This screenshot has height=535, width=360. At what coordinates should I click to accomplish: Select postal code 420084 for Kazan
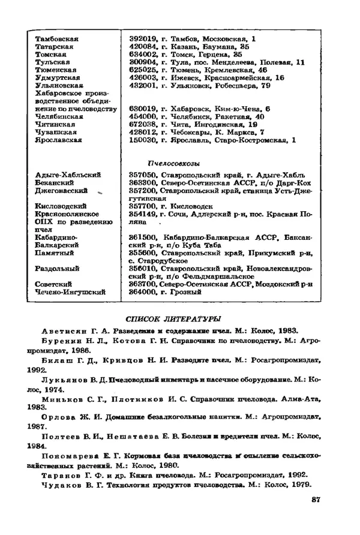tap(143, 47)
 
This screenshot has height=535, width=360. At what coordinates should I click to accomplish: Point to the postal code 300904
tap(143, 62)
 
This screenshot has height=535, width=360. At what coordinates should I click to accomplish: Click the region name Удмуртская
tap(55, 78)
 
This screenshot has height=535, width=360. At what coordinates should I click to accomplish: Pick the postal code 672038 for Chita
tap(143, 125)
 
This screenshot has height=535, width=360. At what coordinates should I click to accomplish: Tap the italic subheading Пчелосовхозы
tap(174, 163)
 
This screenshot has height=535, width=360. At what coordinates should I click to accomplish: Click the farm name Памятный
tap(55, 253)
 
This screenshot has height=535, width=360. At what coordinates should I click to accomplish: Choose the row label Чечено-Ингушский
tap(70, 292)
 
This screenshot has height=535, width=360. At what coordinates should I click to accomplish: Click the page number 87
tap(317, 500)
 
